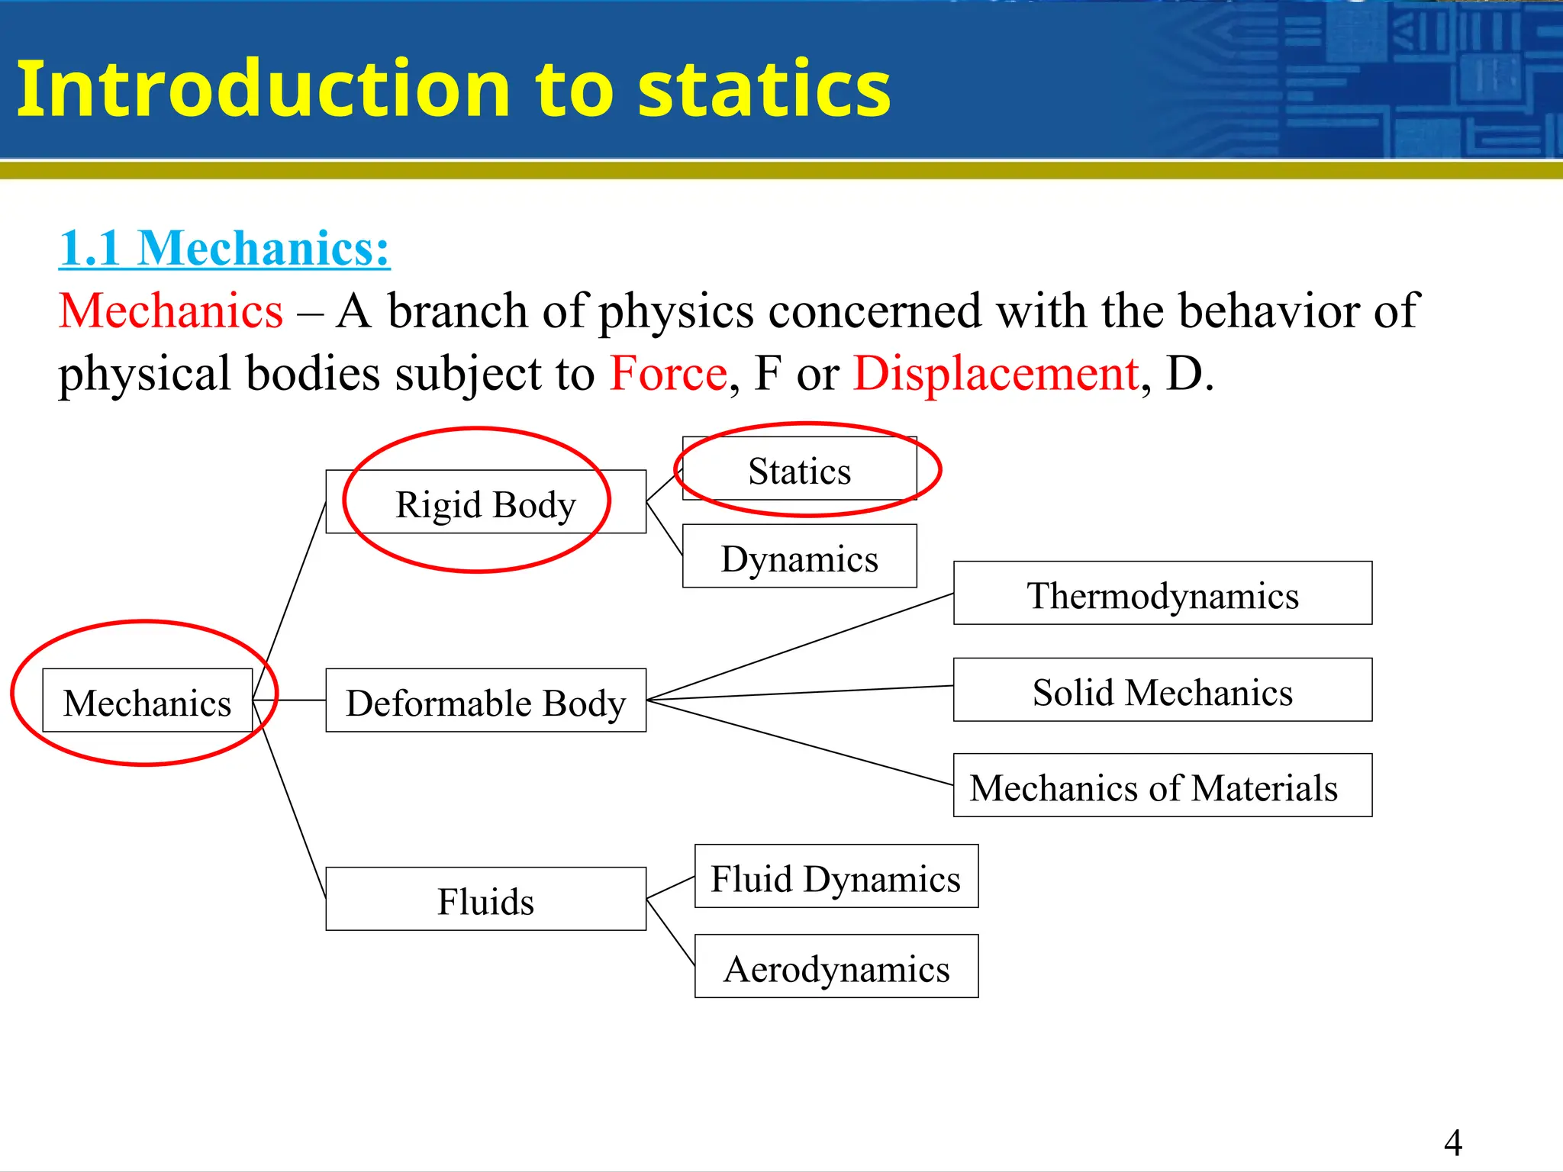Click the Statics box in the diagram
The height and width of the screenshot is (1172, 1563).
799,469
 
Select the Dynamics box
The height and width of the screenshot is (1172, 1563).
799,557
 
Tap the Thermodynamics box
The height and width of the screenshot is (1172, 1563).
1162,594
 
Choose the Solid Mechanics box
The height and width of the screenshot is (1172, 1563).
1162,691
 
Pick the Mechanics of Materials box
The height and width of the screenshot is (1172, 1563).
1162,786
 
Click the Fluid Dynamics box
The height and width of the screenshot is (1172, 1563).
836,877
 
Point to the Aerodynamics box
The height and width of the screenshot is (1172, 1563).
836,967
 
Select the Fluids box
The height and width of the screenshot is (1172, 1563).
485,900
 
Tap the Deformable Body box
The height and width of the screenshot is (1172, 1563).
485,701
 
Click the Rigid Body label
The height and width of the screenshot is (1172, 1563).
485,504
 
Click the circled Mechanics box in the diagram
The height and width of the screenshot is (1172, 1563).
147,701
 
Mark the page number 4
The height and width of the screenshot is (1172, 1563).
1452,1142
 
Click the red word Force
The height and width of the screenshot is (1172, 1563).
669,374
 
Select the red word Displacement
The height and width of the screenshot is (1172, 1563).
996,374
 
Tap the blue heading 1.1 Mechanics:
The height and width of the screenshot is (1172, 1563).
224,248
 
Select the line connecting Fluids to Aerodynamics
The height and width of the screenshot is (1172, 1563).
670,932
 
